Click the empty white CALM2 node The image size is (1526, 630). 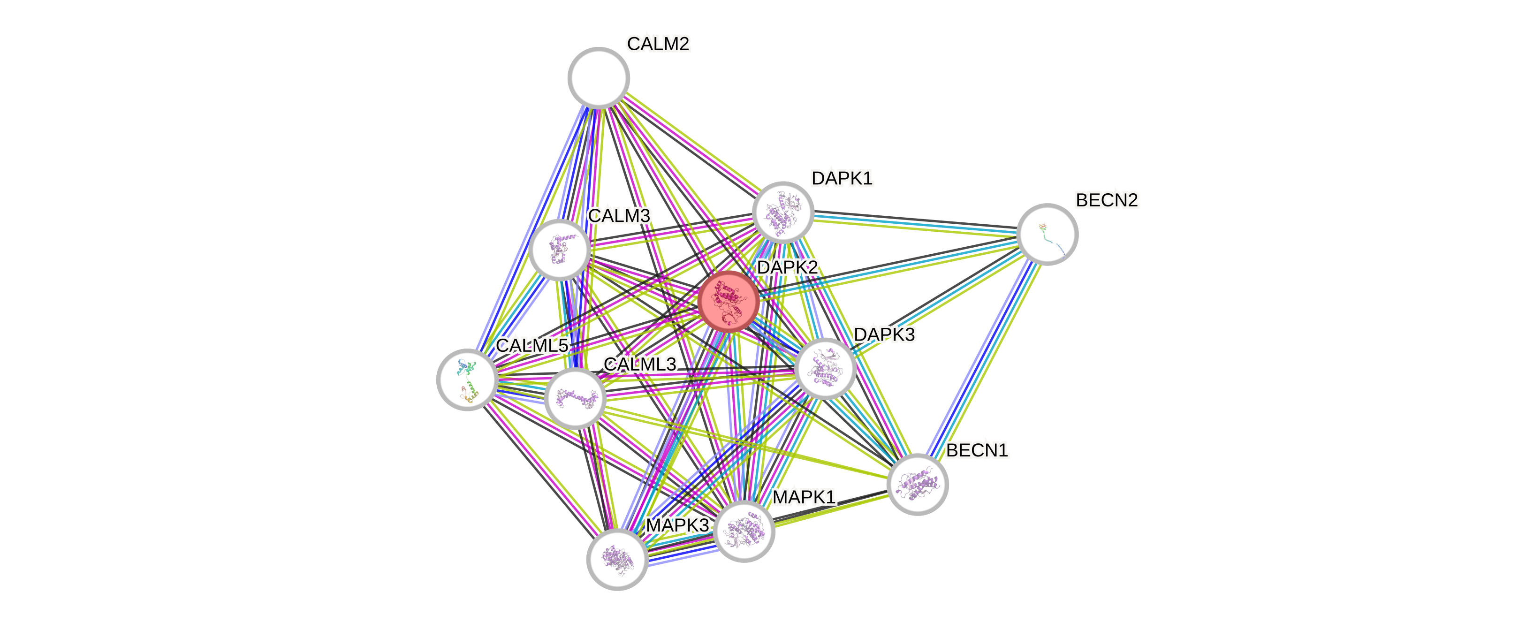[598, 77]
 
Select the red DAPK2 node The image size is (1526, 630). [729, 302]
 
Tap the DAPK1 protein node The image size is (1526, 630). [782, 212]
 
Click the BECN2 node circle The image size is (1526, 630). [1047, 234]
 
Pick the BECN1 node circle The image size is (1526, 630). [917, 484]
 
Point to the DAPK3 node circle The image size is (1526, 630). [825, 368]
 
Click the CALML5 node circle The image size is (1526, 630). [467, 380]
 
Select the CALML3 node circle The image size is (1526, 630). [575, 398]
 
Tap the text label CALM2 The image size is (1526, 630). [658, 44]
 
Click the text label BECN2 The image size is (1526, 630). [1107, 200]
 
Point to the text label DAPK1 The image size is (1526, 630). [842, 178]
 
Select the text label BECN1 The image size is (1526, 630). [977, 451]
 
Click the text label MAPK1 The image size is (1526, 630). [804, 497]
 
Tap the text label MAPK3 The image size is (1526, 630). [677, 525]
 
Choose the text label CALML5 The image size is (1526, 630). [532, 346]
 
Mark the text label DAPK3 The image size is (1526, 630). [884, 335]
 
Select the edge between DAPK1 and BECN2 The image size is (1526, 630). [915, 223]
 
